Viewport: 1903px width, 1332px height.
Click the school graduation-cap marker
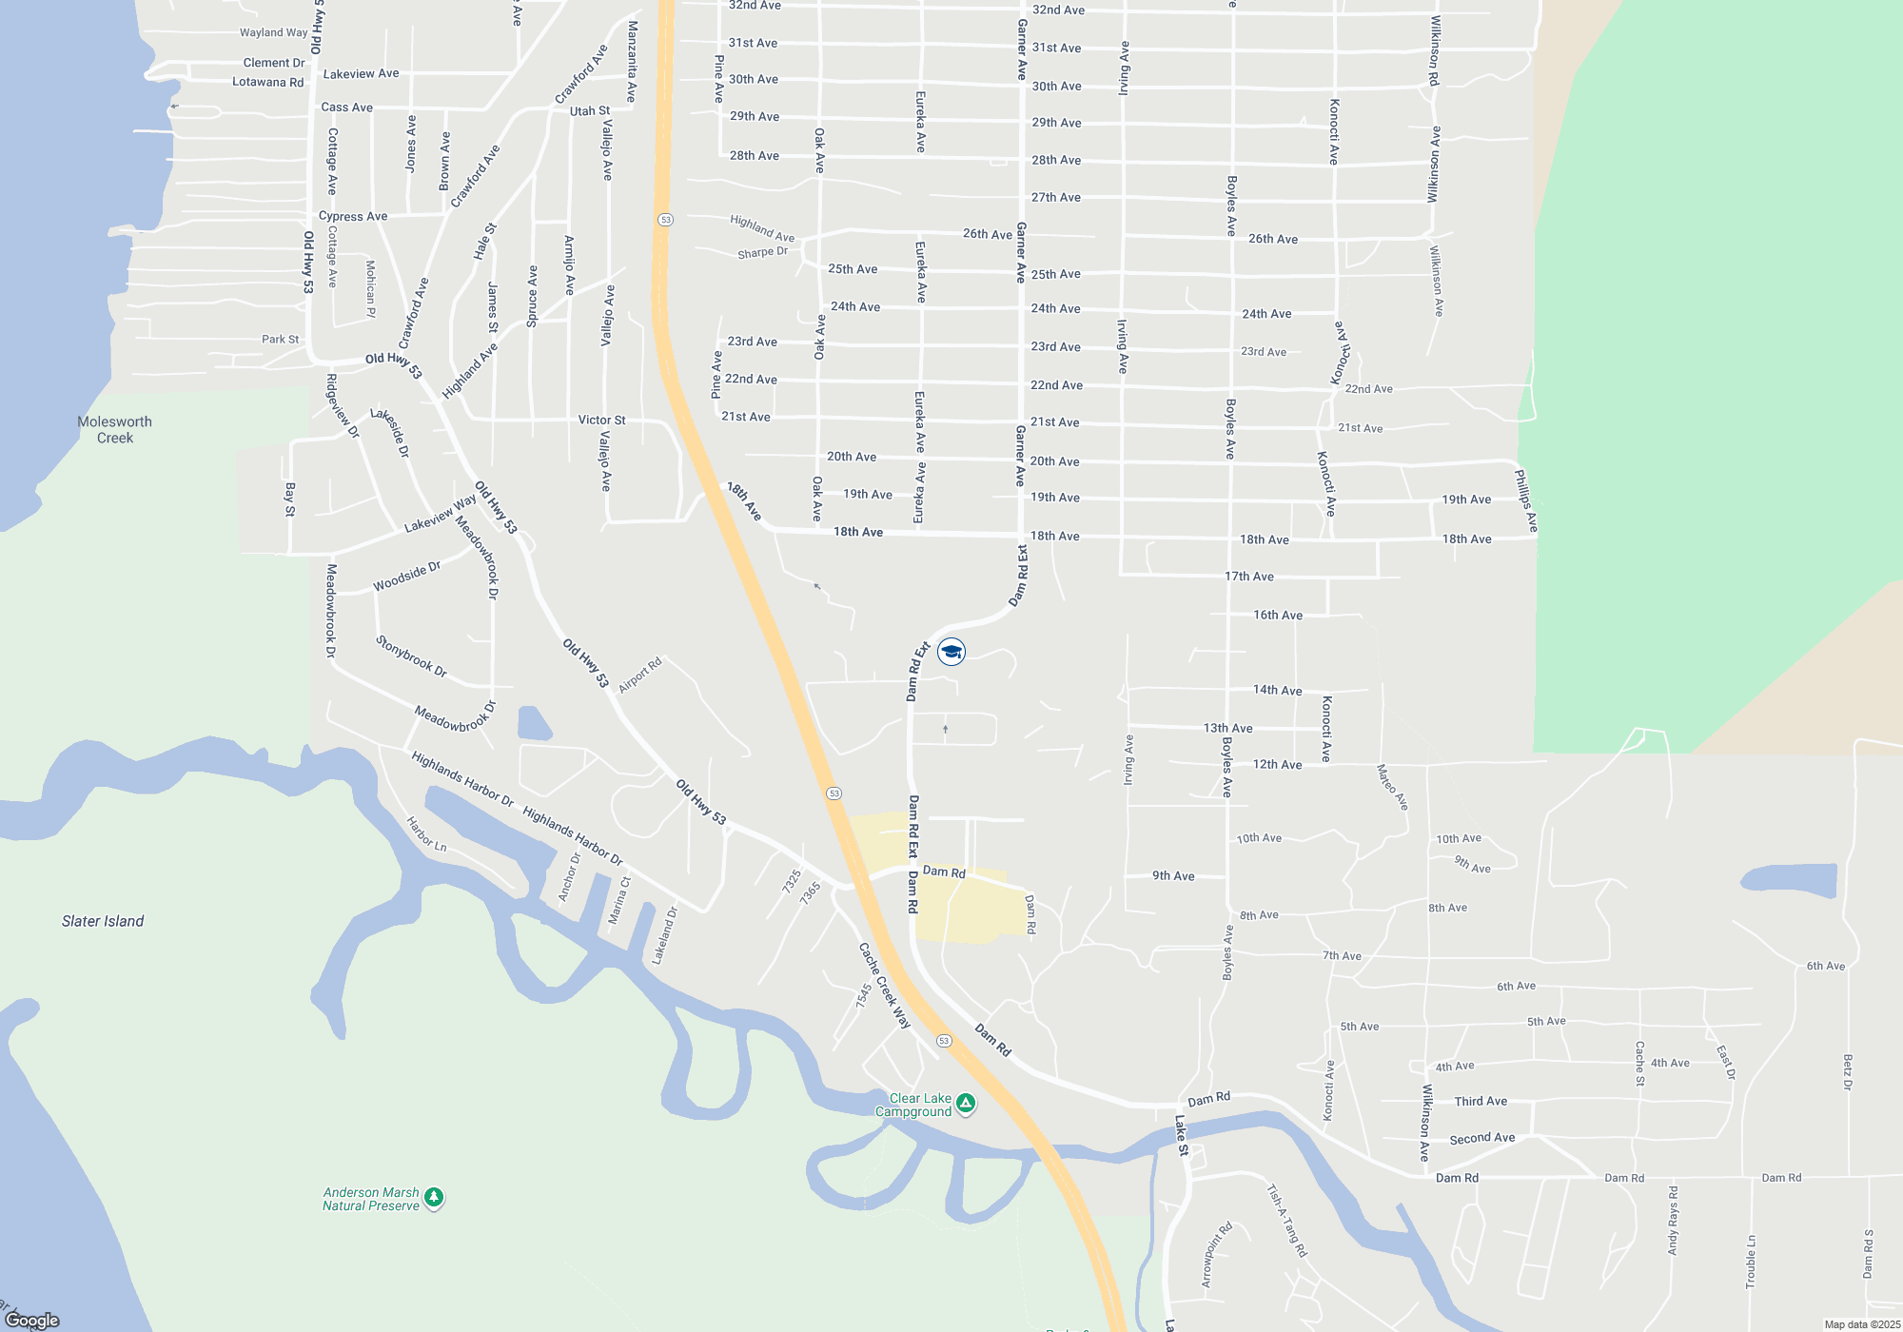[951, 652]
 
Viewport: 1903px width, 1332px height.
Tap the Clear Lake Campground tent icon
[966, 1104]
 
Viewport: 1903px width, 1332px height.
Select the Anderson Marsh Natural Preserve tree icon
[434, 1198]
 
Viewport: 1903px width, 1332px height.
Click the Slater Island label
[103, 921]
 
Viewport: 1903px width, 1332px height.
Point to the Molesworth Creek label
[115, 430]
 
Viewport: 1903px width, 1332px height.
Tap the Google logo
[32, 1320]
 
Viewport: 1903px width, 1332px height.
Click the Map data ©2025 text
[1862, 1324]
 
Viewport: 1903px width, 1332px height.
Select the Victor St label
[601, 420]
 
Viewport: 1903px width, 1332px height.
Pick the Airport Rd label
[639, 676]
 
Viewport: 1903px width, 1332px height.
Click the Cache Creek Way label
[885, 986]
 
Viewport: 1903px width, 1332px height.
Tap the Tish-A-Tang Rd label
[1286, 1221]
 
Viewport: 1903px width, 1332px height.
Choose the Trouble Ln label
[1751, 1262]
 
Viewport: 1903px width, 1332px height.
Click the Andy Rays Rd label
[1673, 1220]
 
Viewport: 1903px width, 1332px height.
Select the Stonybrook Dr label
[411, 656]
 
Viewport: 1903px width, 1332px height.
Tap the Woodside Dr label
[406, 577]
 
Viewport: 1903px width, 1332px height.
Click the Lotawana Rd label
[267, 82]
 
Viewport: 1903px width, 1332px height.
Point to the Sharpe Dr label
[762, 252]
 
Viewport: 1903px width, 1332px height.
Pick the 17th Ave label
[1248, 577]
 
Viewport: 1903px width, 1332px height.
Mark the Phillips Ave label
[1525, 500]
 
